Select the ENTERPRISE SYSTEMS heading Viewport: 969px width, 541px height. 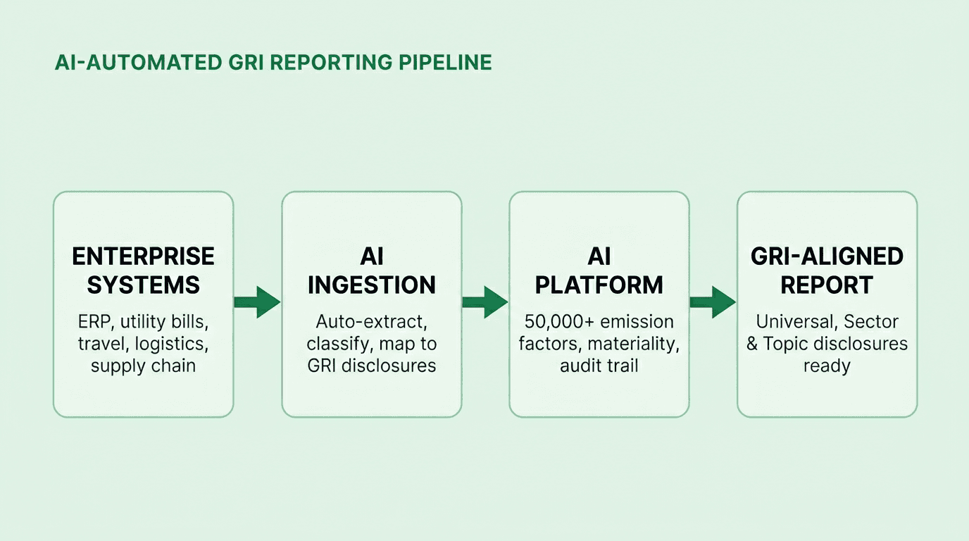click(143, 270)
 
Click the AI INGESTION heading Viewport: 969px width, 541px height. click(371, 270)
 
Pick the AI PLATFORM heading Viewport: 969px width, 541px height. click(599, 270)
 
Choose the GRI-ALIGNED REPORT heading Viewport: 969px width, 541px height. click(827, 270)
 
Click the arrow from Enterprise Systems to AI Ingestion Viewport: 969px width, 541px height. click(257, 302)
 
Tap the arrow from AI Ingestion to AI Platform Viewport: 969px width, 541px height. click(485, 302)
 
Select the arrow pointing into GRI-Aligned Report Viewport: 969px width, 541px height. click(713, 302)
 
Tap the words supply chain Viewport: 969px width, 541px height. click(143, 366)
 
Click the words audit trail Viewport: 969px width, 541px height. click(599, 366)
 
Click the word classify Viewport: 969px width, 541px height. click(338, 344)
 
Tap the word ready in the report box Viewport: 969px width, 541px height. click(827, 366)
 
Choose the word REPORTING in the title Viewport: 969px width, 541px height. click(334, 63)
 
